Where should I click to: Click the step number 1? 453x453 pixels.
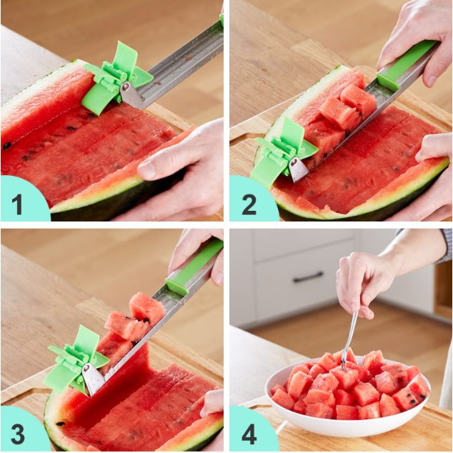point(17,204)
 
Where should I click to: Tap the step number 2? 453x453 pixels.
point(249,204)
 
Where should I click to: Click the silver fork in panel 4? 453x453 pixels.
point(349,341)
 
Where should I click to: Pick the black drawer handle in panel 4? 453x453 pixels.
point(308,277)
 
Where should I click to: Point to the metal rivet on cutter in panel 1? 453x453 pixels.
point(126,86)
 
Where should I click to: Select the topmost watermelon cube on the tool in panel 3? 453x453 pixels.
point(146,307)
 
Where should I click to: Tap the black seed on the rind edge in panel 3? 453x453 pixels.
point(61,424)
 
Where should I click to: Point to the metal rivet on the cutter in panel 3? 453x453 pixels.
point(86,368)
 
